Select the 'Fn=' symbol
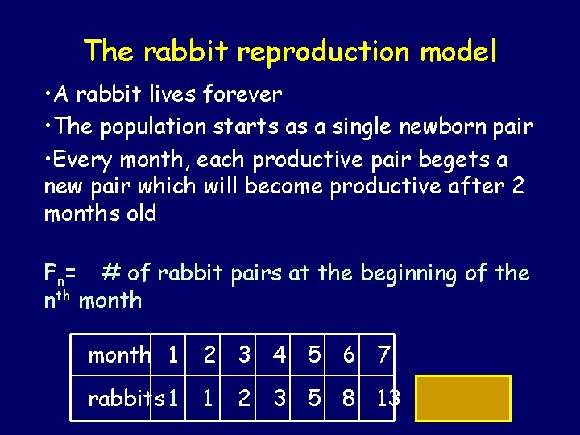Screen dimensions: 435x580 click(x=60, y=275)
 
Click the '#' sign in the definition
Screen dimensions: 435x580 click(x=112, y=273)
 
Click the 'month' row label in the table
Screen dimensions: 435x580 click(x=119, y=355)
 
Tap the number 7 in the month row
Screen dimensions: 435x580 click(x=383, y=355)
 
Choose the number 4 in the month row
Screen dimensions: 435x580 click(x=279, y=355)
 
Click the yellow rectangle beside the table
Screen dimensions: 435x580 click(x=463, y=398)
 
